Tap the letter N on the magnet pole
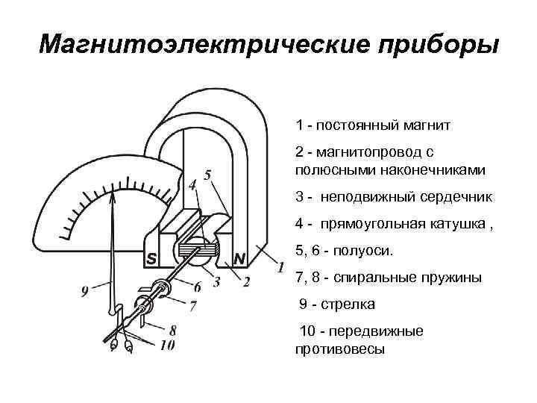point(239,259)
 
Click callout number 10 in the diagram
point(166,345)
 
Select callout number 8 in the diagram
point(173,328)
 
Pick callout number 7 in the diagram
point(193,306)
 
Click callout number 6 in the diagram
point(198,287)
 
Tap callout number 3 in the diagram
point(216,281)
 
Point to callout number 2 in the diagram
point(246,281)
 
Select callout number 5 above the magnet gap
point(207,174)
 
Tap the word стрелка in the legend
point(349,304)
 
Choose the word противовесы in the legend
point(339,348)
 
